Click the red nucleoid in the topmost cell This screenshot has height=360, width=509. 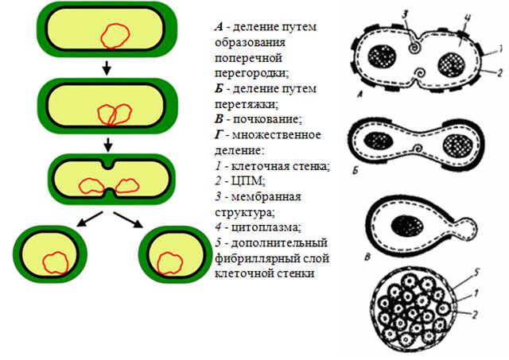pos(115,34)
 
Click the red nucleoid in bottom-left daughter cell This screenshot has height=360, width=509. pos(55,261)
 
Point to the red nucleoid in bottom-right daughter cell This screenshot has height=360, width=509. pos(171,261)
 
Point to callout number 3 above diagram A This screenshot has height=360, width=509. pos(404,14)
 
